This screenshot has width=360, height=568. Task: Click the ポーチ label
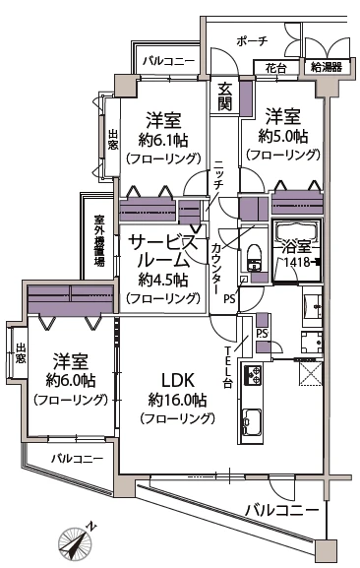[252, 40]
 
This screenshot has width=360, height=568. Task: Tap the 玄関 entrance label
[224, 95]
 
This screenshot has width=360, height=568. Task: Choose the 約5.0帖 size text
[283, 136]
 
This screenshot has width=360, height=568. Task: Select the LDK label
[177, 379]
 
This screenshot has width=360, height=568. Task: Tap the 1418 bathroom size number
[296, 264]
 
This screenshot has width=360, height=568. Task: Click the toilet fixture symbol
[253, 256]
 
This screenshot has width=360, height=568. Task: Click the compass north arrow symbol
[76, 539]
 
